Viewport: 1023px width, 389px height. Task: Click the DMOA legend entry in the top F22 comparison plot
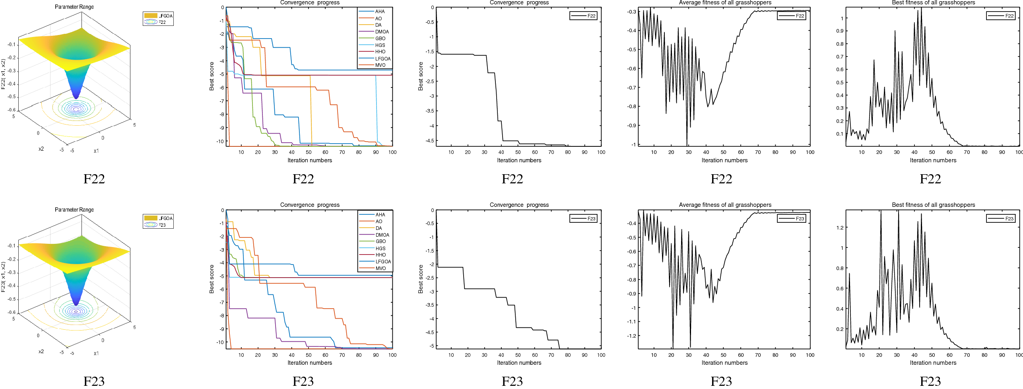382,32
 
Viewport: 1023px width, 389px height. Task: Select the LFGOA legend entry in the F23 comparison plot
383,262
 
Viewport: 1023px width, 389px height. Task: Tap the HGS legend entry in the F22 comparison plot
380,45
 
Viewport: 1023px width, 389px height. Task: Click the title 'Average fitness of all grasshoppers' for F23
725,205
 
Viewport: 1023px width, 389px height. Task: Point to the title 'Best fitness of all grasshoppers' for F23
933,205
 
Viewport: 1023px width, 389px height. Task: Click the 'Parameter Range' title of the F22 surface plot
74,7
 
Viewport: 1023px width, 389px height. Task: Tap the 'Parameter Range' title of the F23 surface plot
74,210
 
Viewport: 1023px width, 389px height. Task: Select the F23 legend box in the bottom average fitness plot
791,219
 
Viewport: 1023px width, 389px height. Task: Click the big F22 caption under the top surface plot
94,179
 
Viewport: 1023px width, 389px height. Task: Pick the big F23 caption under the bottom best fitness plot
930,381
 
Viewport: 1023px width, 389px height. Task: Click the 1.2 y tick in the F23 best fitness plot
840,228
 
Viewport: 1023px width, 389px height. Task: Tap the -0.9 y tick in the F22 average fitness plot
631,126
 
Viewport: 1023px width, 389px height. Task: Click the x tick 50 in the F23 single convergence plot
518,355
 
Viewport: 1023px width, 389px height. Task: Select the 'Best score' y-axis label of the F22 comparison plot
212,76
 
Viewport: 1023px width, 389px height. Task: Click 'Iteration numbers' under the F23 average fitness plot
724,363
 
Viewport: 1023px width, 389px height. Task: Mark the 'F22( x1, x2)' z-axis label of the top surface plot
4,74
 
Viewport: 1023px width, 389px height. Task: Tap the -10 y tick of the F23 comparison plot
220,342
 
